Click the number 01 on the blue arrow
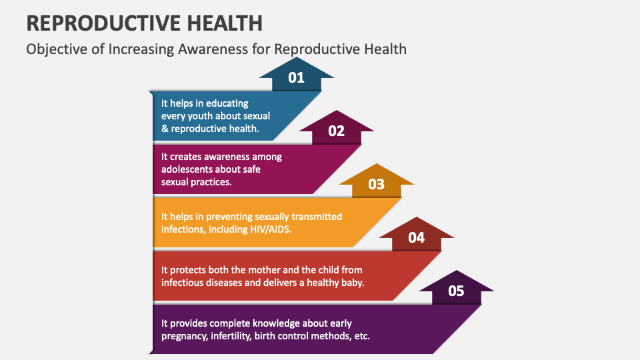point(296,77)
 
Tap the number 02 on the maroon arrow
point(337,131)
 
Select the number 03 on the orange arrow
point(377,184)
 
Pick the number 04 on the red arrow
point(417,237)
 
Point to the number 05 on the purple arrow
point(457,291)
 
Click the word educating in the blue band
point(227,103)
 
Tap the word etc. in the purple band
point(361,335)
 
